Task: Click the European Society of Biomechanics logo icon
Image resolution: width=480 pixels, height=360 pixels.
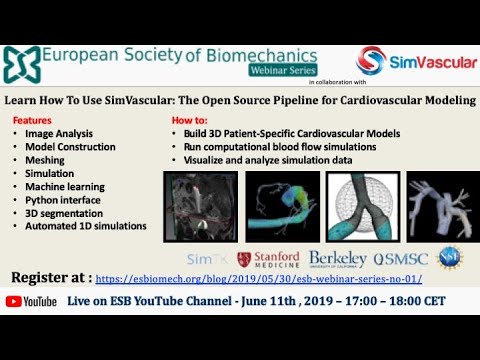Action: pos(21,65)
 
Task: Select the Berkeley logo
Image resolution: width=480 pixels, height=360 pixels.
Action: pos(337,260)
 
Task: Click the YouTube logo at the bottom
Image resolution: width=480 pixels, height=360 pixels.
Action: pos(34,301)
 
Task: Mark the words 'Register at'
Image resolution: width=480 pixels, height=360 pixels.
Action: pos(49,277)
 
